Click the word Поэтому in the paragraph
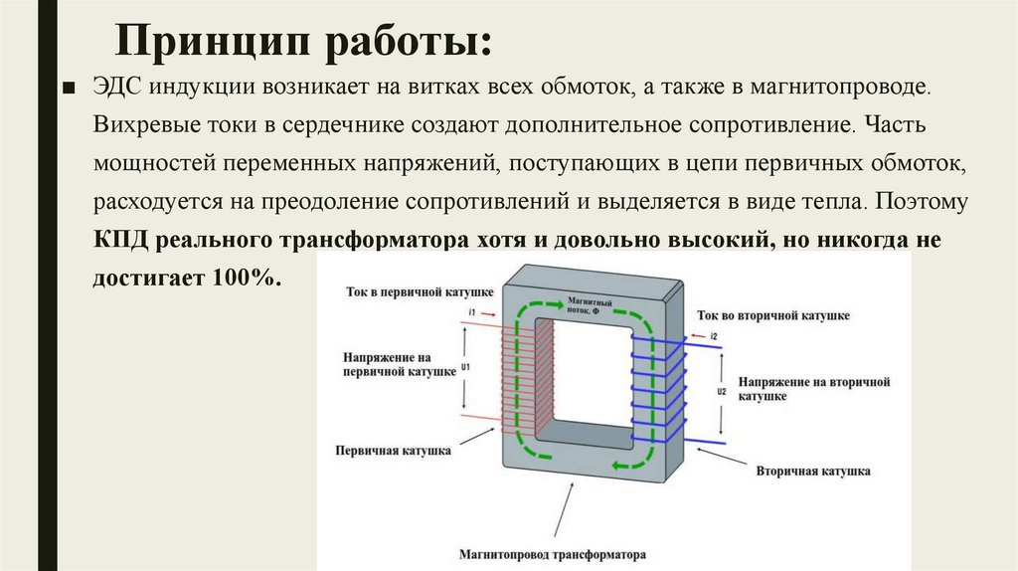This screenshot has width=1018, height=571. pos(922,202)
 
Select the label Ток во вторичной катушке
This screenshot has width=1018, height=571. pos(772,314)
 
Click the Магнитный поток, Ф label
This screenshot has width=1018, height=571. pos(590,305)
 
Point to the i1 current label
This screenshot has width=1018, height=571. pos(472,312)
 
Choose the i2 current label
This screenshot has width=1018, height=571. pos(713,336)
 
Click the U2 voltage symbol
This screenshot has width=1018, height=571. pos(722,392)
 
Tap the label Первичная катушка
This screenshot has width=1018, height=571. pos(394,451)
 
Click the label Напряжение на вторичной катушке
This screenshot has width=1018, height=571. pos(813,388)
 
